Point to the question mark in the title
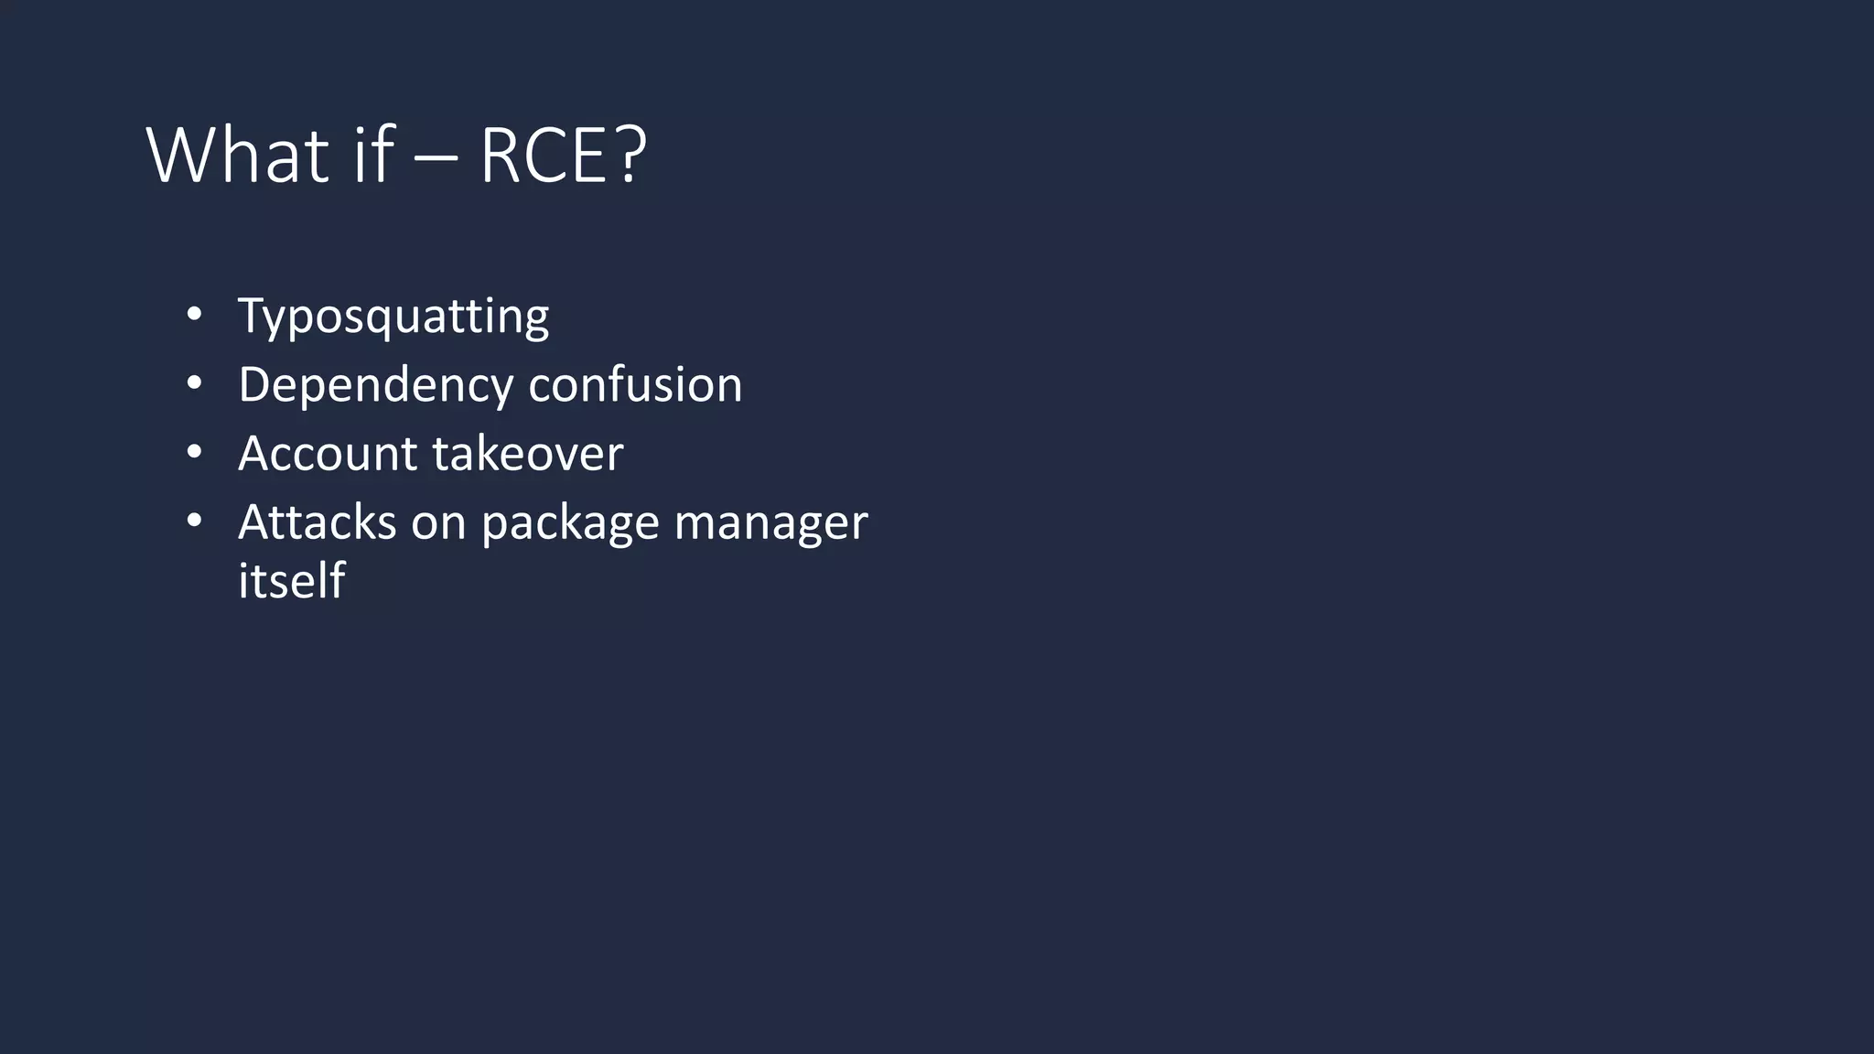(x=630, y=156)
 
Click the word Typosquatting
(x=393, y=317)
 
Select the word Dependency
(x=374, y=385)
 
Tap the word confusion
(x=635, y=384)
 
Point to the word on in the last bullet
(x=438, y=523)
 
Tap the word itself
(x=291, y=580)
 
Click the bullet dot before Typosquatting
(x=193, y=315)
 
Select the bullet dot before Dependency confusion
(x=193, y=383)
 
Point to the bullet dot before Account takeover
(x=193, y=452)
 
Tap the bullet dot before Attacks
(x=193, y=521)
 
